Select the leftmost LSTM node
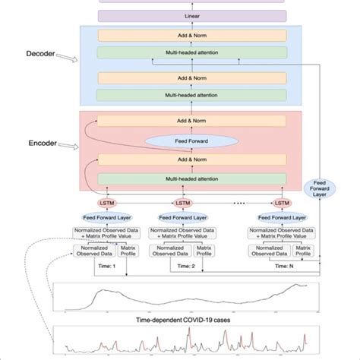(103, 203)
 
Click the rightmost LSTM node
(281, 203)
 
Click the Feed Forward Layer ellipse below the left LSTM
(103, 218)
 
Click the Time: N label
(281, 267)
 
